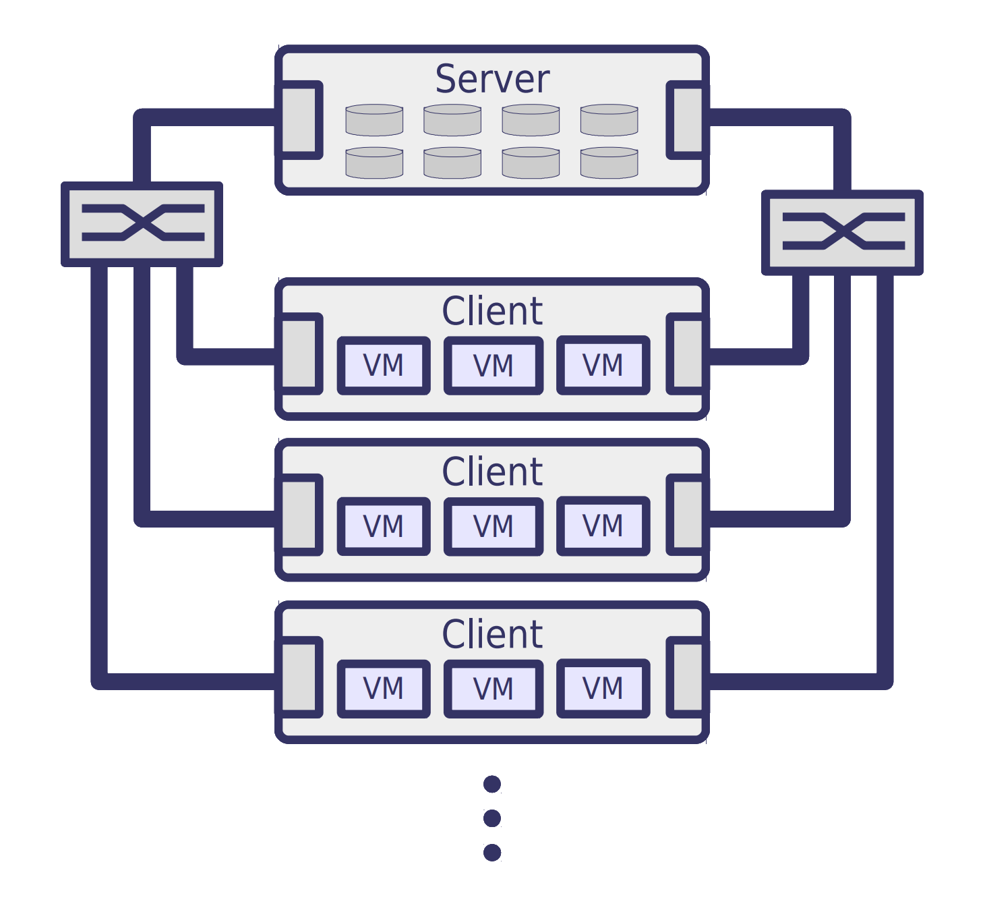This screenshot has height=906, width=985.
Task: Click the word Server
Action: pos(492,80)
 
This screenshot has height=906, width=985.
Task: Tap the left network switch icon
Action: pos(142,223)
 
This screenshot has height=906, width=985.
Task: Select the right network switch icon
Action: pos(842,232)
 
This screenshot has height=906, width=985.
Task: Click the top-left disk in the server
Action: pos(374,119)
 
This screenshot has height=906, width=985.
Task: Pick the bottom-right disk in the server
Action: pos(609,163)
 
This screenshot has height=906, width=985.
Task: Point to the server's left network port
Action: pos(299,121)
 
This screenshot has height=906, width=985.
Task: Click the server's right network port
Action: pos(686,121)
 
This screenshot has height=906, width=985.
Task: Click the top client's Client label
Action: pos(492,311)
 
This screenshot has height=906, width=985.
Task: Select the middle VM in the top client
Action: pos(493,366)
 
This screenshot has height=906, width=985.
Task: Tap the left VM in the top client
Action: pos(384,366)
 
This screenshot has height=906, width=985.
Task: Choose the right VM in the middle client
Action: pos(603,526)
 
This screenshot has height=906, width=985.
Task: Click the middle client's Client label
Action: pos(492,472)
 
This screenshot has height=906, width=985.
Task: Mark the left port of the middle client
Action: pos(299,515)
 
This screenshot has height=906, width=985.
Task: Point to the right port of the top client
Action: pos(686,353)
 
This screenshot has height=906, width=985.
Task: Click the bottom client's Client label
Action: pos(492,634)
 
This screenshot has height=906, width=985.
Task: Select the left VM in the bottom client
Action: pos(384,689)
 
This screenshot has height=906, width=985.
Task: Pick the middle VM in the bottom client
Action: pos(493,689)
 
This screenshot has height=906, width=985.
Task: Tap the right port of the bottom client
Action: pos(686,677)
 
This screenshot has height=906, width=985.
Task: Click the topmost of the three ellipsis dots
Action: pos(492,784)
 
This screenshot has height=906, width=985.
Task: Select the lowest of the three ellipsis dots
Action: pos(492,853)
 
